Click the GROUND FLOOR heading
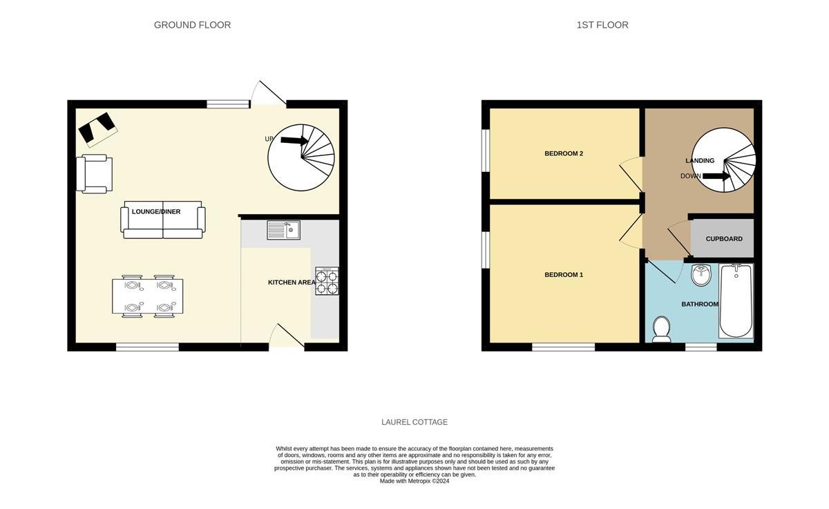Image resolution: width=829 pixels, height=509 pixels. pos(192,25)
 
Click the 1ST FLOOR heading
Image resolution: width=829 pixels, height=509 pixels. pos(602,25)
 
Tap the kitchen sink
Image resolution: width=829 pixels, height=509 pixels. pos(283,229)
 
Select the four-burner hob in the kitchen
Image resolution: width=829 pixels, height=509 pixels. pos(327,280)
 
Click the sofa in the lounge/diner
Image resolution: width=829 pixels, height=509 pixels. pos(164,220)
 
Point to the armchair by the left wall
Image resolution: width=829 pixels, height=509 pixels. pos(95,173)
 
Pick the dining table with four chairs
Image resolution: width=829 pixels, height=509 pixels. pos(148,296)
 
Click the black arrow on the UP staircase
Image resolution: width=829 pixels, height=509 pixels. pos(294,140)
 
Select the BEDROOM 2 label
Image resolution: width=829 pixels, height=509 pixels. pos(564,153)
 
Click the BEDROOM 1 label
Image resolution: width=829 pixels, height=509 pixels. pos(564,275)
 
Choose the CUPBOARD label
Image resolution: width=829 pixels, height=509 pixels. pos(724,239)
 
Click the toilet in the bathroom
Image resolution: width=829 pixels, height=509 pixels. pos(661,329)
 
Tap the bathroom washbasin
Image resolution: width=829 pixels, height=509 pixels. pos(701,274)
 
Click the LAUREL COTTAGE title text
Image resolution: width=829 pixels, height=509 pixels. pos(414,422)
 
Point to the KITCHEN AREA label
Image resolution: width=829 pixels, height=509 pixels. pos(292,282)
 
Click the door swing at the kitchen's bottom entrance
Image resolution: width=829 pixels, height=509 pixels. pos(285,336)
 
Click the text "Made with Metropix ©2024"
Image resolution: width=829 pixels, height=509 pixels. pos(414,481)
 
